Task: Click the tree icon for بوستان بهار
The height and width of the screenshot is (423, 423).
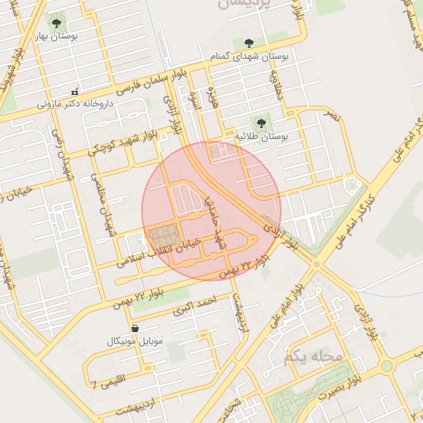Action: (55, 23)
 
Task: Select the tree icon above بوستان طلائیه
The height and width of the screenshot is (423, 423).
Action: (265, 122)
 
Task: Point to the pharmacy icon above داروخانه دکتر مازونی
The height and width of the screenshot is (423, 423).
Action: (75, 92)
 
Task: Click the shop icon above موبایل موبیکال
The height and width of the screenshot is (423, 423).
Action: (135, 329)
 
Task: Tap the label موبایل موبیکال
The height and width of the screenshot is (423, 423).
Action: (135, 341)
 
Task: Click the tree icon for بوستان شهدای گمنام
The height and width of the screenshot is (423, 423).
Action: (249, 43)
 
